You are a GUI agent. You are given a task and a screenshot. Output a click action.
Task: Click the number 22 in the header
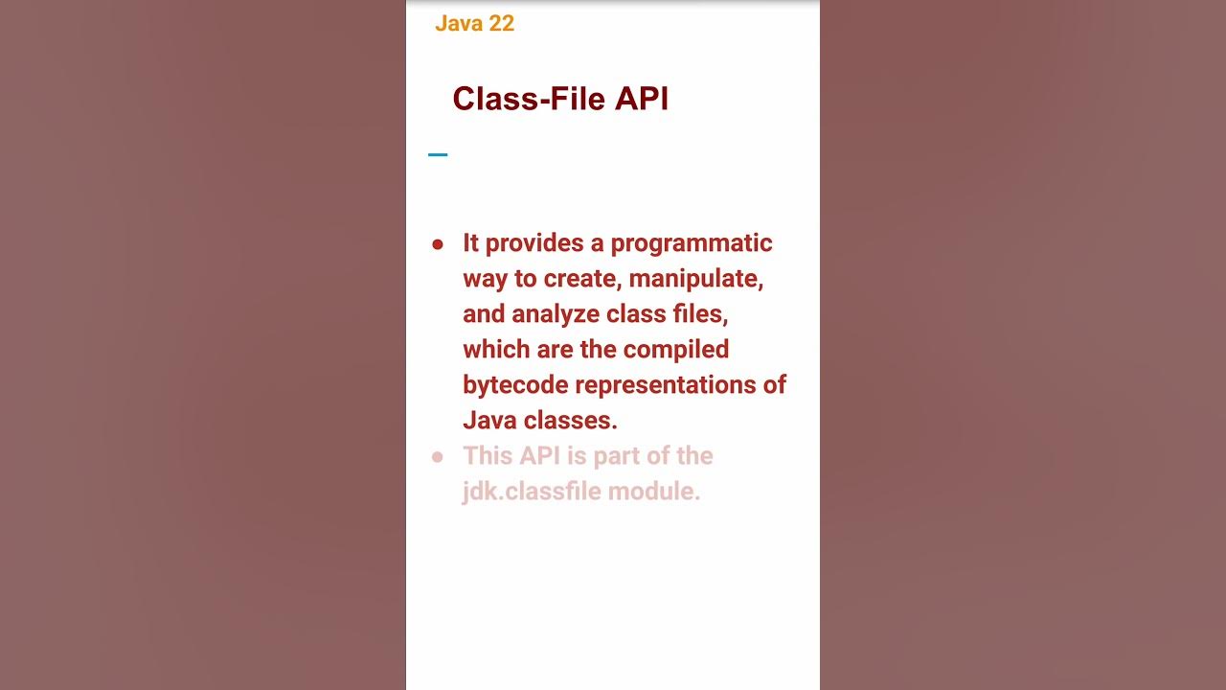coord(499,24)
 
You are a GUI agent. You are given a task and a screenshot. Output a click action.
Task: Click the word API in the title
coord(642,99)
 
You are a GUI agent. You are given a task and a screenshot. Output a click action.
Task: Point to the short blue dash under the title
coord(438,154)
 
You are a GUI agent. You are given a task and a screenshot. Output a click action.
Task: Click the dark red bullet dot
coord(438,245)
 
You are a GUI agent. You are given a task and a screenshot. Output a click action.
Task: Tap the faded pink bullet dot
coord(438,458)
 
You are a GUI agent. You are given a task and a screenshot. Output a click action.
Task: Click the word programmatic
coord(692,243)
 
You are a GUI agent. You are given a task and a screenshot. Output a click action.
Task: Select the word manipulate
coord(695,279)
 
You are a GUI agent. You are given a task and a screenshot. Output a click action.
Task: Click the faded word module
coord(663,491)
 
